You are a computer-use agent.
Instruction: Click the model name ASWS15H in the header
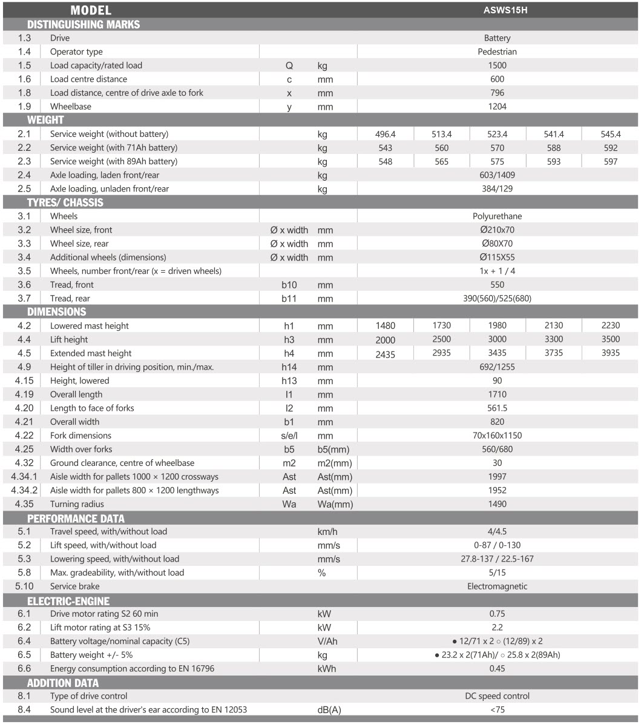497,10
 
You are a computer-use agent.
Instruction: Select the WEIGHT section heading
45,120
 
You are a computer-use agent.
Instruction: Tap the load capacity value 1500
497,65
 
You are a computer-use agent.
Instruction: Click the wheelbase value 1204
497,107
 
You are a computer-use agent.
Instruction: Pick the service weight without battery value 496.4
385,134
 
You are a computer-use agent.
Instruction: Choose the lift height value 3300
553,339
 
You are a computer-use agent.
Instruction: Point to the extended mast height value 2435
385,354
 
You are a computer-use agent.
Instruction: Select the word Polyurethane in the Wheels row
497,216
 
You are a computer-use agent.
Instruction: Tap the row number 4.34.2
24,490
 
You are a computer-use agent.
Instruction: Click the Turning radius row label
77,504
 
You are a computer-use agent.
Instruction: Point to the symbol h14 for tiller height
289,367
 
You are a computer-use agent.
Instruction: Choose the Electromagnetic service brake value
497,586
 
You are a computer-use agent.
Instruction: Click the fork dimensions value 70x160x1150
497,436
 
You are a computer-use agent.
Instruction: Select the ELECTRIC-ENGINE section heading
68,601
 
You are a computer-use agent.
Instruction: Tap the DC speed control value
497,696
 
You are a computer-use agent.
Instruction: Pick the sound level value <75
497,709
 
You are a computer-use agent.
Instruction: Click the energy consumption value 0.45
497,669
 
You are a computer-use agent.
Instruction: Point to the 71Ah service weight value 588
553,148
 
